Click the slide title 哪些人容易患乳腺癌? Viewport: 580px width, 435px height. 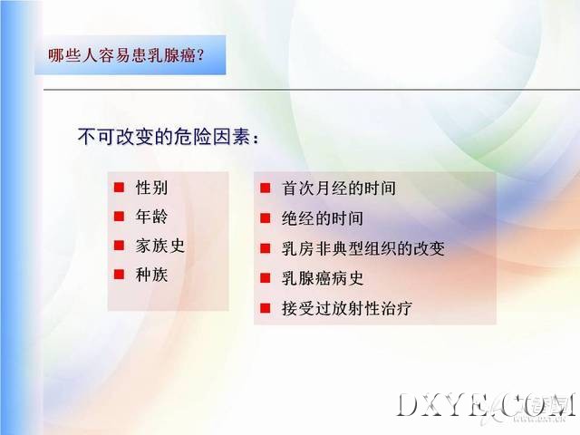tap(126, 55)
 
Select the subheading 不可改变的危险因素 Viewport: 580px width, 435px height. tap(164, 137)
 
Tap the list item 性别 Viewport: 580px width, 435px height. tap(151, 188)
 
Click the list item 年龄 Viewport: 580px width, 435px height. tap(151, 216)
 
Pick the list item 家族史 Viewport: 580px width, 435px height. tap(159, 246)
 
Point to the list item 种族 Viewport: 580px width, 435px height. tap(151, 275)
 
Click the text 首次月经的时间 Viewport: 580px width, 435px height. tap(339, 188)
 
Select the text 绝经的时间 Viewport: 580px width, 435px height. tap(323, 217)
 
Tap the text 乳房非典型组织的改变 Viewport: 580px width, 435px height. tap(363, 248)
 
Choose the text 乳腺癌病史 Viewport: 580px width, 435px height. tap(323, 278)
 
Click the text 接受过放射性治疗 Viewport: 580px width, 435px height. tap(347, 308)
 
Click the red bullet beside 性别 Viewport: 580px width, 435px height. tap(119, 188)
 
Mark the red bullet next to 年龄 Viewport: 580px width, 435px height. tap(119, 216)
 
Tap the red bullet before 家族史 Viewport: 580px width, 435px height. tap(119, 246)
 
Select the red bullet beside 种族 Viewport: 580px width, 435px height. tap(119, 275)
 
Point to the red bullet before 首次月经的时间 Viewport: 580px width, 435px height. tap(266, 188)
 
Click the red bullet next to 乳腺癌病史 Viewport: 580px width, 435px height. tap(266, 278)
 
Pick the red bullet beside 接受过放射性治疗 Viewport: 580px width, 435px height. tap(266, 308)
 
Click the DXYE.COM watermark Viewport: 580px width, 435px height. tap(486, 406)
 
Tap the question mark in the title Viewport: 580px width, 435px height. tap(201, 55)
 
